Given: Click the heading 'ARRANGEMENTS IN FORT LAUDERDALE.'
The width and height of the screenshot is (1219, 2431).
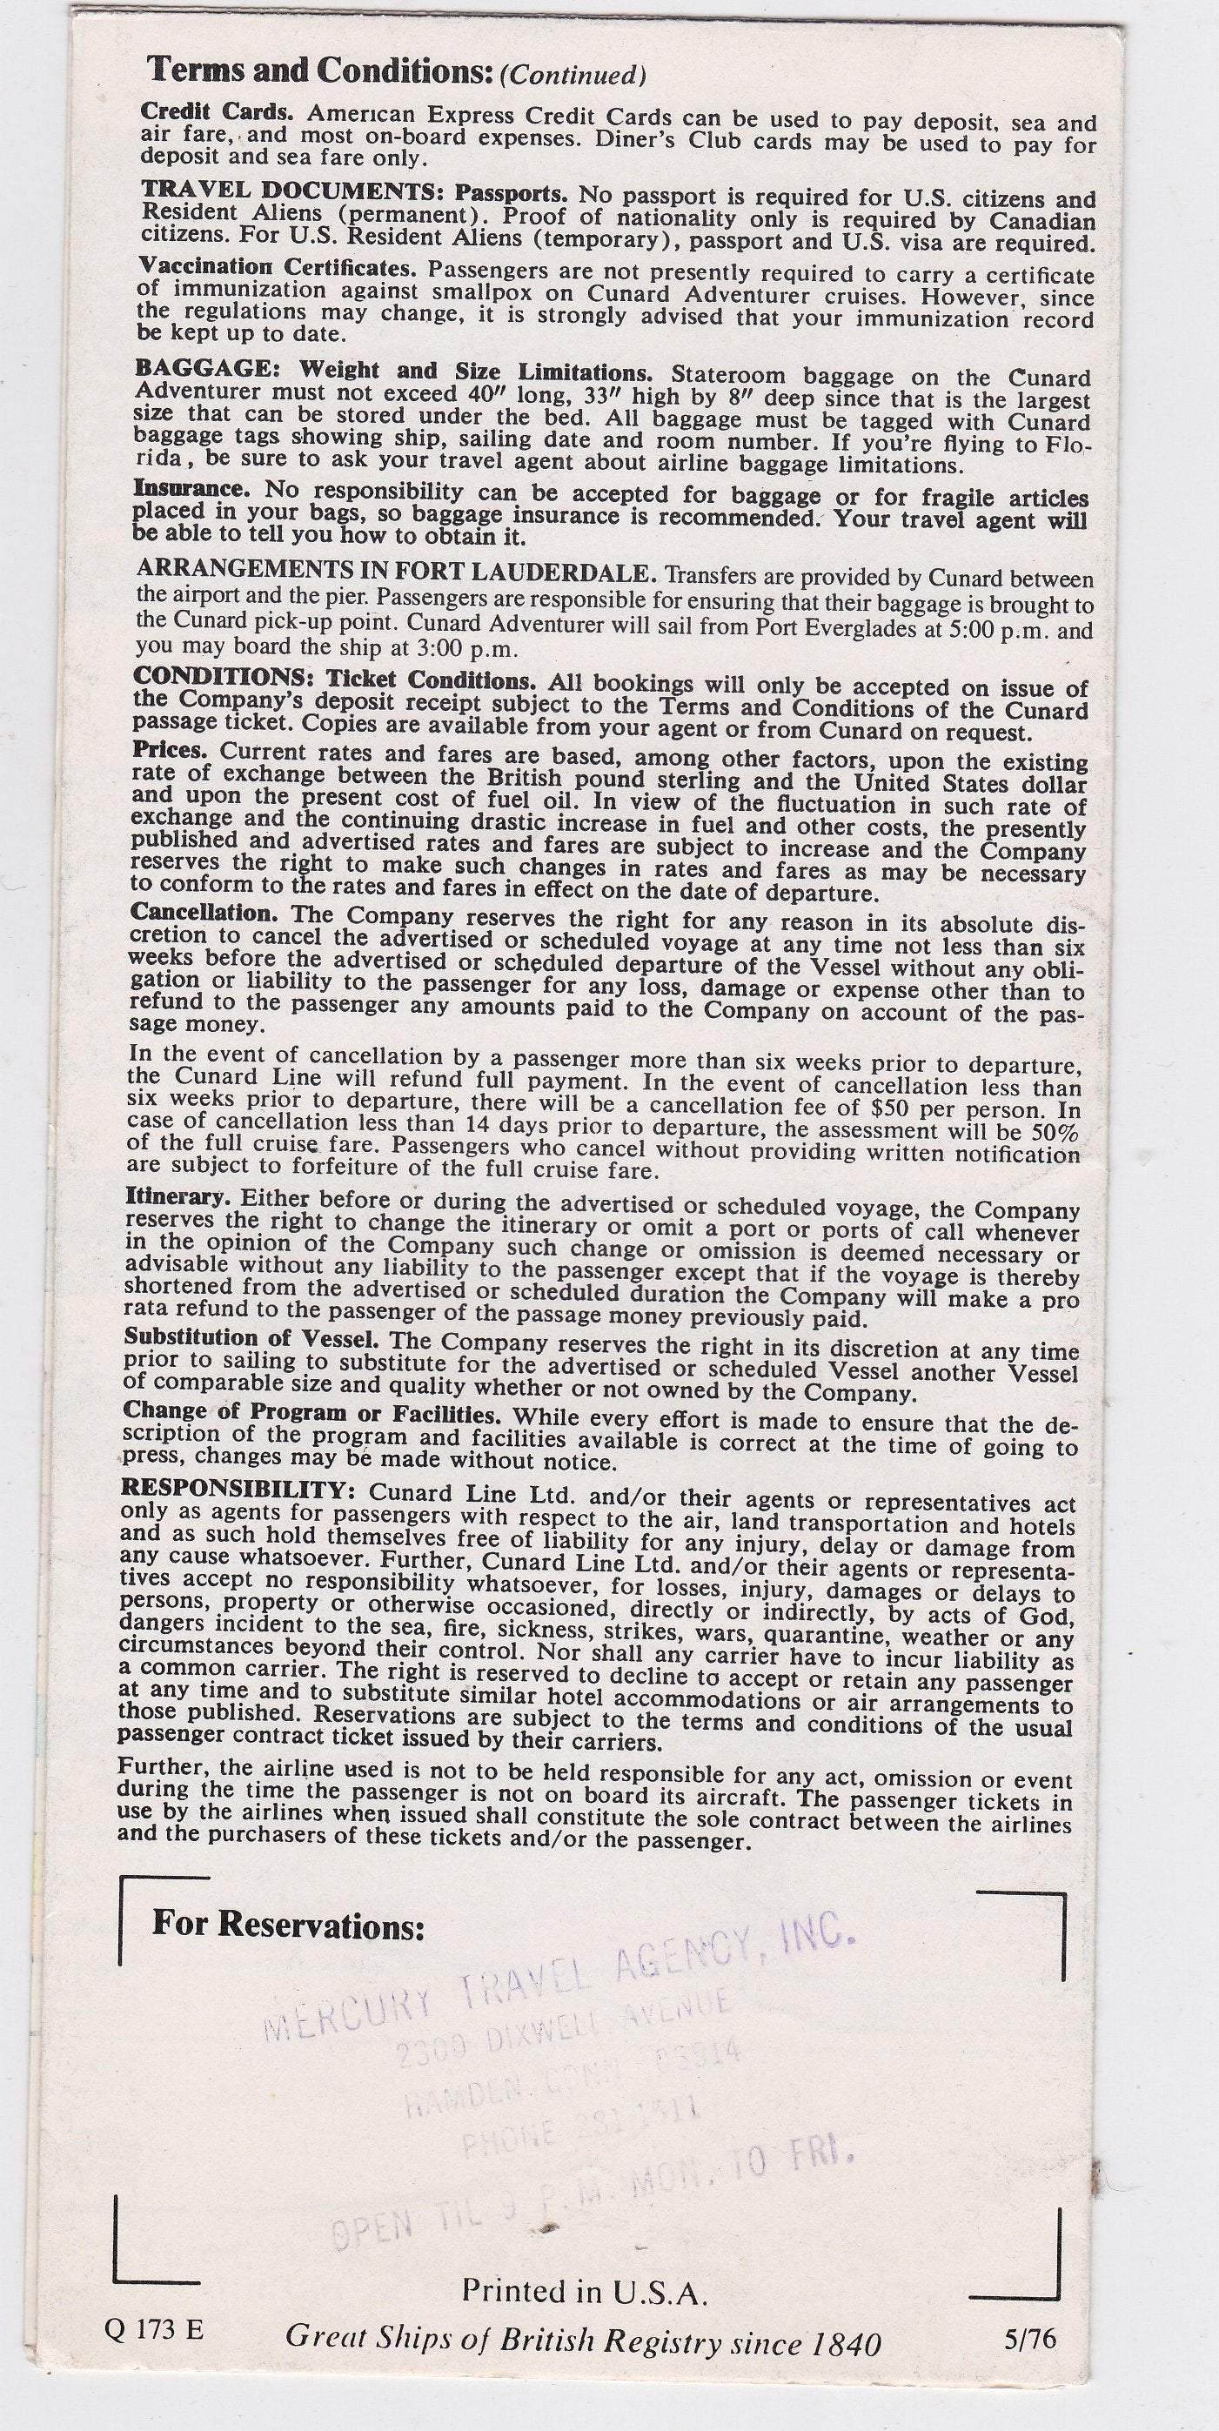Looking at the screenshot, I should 396,573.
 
